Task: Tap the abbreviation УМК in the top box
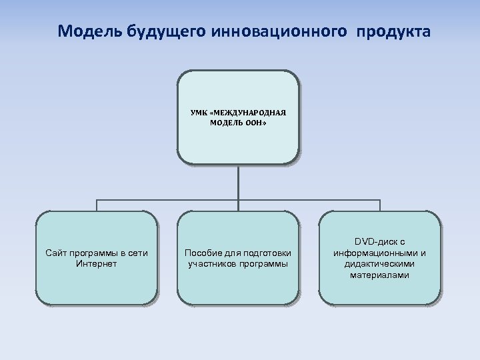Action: (198, 113)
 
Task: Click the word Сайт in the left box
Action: (56, 253)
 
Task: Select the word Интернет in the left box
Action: (97, 263)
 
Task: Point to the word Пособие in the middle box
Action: (201, 253)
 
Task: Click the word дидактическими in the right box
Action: (379, 264)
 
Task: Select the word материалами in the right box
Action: (379, 275)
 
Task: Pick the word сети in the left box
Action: (139, 253)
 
